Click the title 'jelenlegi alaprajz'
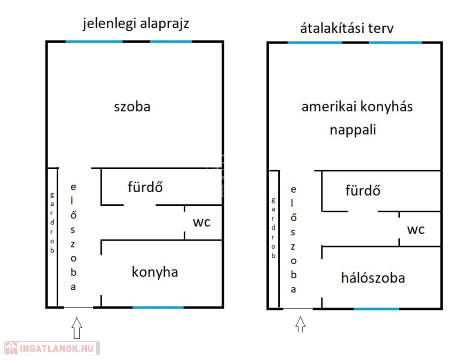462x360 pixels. pyautogui.click(x=136, y=24)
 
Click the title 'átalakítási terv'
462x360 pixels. pyautogui.click(x=347, y=28)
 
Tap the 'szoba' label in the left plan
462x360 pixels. pyautogui.click(x=132, y=106)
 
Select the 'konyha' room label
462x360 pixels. pyautogui.click(x=155, y=272)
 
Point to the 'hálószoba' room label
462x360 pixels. pyautogui.click(x=373, y=278)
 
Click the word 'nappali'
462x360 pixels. pyautogui.click(x=353, y=130)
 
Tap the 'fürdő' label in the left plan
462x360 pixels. pyautogui.click(x=145, y=187)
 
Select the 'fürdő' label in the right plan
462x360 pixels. pyautogui.click(x=363, y=190)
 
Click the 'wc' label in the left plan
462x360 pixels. pyautogui.click(x=202, y=222)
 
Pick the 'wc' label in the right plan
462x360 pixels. pyautogui.click(x=416, y=230)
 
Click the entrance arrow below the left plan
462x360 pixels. pyautogui.click(x=77, y=328)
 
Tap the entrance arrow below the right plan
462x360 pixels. pyautogui.click(x=300, y=324)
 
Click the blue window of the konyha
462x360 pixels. pyautogui.click(x=158, y=307)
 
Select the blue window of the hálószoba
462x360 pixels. pyautogui.click(x=376, y=309)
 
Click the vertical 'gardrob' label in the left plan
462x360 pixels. pyautogui.click(x=52, y=223)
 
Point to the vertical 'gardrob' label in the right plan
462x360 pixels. pyautogui.click(x=273, y=228)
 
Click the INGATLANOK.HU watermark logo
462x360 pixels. pyautogui.click(x=52, y=348)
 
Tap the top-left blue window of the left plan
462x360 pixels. pyautogui.click(x=94, y=42)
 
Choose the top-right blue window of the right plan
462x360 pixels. pyautogui.click(x=395, y=43)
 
